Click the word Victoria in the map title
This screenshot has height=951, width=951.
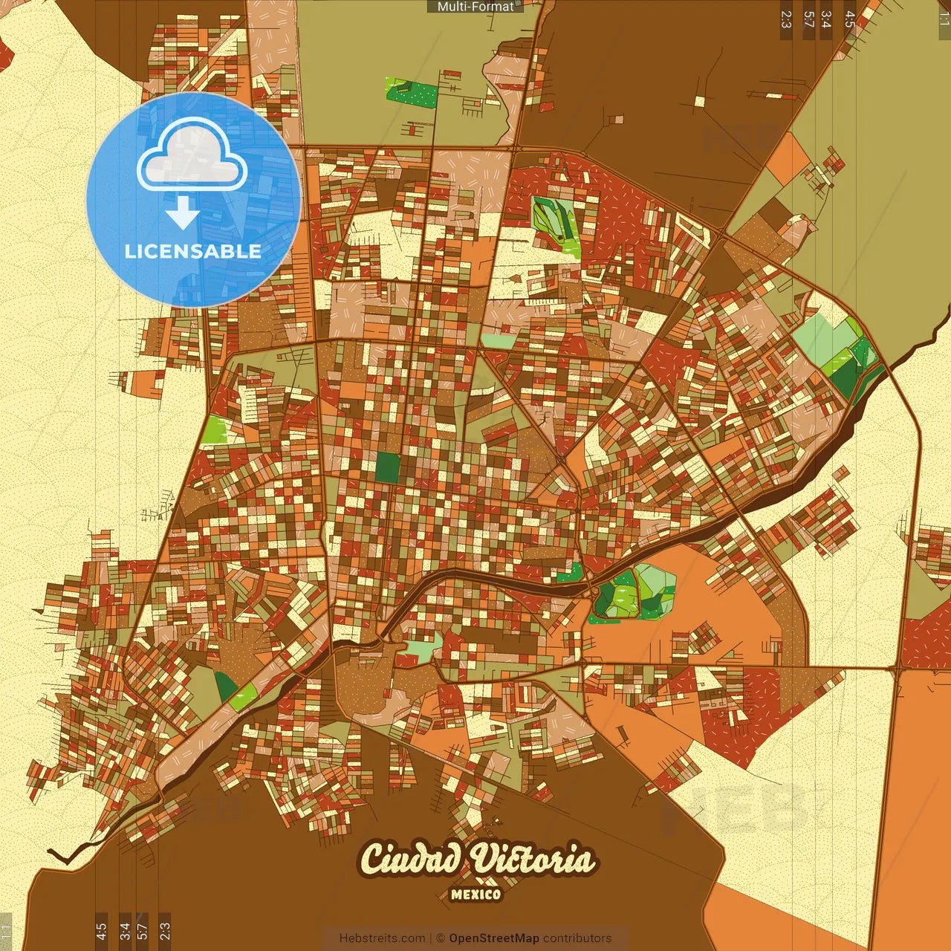coord(533,859)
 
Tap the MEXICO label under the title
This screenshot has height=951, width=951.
coord(475,895)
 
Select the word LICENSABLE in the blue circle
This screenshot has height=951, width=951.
coord(192,251)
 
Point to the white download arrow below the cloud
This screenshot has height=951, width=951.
coord(182,212)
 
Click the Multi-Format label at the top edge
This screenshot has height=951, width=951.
coord(475,7)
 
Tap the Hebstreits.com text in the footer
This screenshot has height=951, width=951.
coord(382,938)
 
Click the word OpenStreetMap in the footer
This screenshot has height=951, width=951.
coord(494,938)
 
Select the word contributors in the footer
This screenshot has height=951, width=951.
coord(577,938)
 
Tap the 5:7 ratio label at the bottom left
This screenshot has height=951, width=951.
coord(143,930)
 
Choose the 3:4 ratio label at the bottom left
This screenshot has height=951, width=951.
coord(125,930)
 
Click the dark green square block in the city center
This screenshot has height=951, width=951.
coord(387,467)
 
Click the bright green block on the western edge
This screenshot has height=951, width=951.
coord(215,429)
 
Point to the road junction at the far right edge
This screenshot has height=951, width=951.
coord(898,669)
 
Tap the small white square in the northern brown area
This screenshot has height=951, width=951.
coord(699,102)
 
